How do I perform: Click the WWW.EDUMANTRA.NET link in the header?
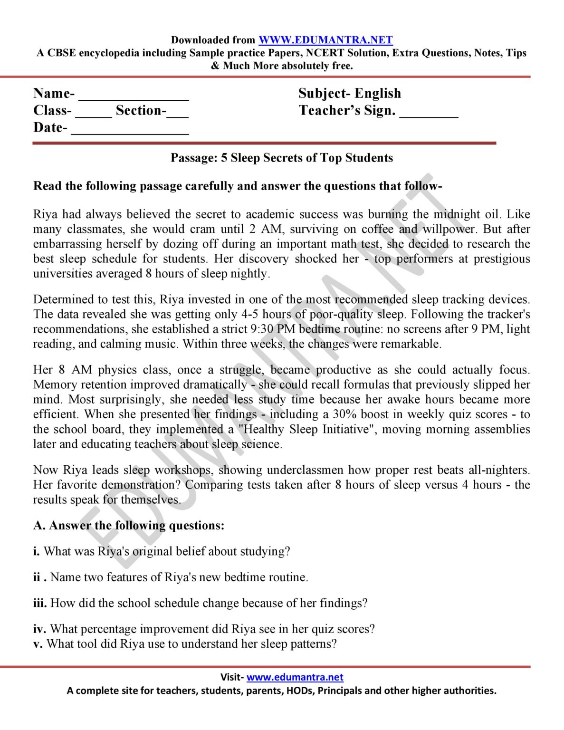click(x=325, y=40)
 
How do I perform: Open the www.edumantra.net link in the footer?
click(x=295, y=677)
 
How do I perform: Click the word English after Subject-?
click(x=378, y=93)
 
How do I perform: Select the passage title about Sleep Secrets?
click(x=282, y=158)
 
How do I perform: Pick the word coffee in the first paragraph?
click(x=377, y=229)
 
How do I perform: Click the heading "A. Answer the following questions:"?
click(x=129, y=525)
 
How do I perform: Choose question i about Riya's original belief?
click(x=162, y=551)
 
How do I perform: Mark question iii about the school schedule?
click(x=200, y=603)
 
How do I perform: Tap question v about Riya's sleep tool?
click(x=185, y=644)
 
